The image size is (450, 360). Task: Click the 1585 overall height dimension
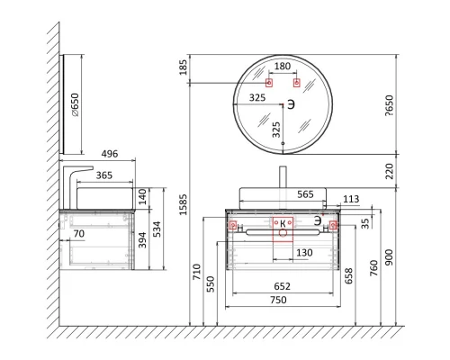pos(183,204)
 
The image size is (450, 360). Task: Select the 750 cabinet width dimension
pos(278,300)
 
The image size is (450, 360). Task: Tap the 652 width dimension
pos(282,286)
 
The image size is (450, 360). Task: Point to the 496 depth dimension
pos(110,154)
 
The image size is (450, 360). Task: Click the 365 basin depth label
pos(104,175)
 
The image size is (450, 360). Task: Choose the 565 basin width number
pos(305,194)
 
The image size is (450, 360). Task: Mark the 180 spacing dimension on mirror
pos(283,66)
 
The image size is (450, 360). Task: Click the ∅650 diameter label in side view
pos(75,104)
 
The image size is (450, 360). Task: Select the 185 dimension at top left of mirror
pos(183,67)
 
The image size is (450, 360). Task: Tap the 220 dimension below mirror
pos(389,171)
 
